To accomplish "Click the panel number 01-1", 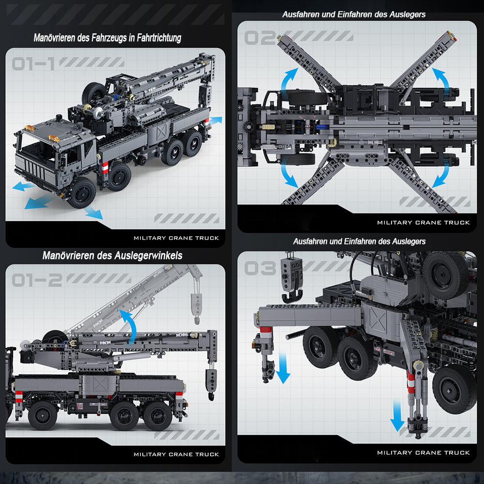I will coord(33,63).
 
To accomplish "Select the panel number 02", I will coord(260,38).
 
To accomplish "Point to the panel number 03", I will coord(260,268).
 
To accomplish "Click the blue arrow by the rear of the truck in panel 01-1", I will coord(215,120).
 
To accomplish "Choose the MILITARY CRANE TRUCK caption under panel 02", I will coord(423,223).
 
